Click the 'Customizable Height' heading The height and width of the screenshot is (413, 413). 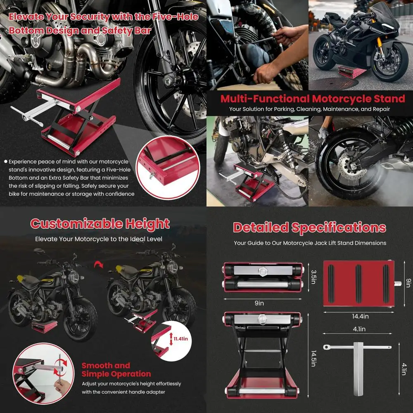(100, 224)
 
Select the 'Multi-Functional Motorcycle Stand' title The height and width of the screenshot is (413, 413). (313, 99)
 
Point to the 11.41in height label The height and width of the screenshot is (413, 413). (180, 338)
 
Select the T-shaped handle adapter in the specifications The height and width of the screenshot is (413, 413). (357, 355)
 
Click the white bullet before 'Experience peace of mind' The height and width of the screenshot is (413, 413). (5, 162)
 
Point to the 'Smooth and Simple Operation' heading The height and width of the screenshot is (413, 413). (116, 370)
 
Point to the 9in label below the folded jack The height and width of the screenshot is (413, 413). (259, 303)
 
